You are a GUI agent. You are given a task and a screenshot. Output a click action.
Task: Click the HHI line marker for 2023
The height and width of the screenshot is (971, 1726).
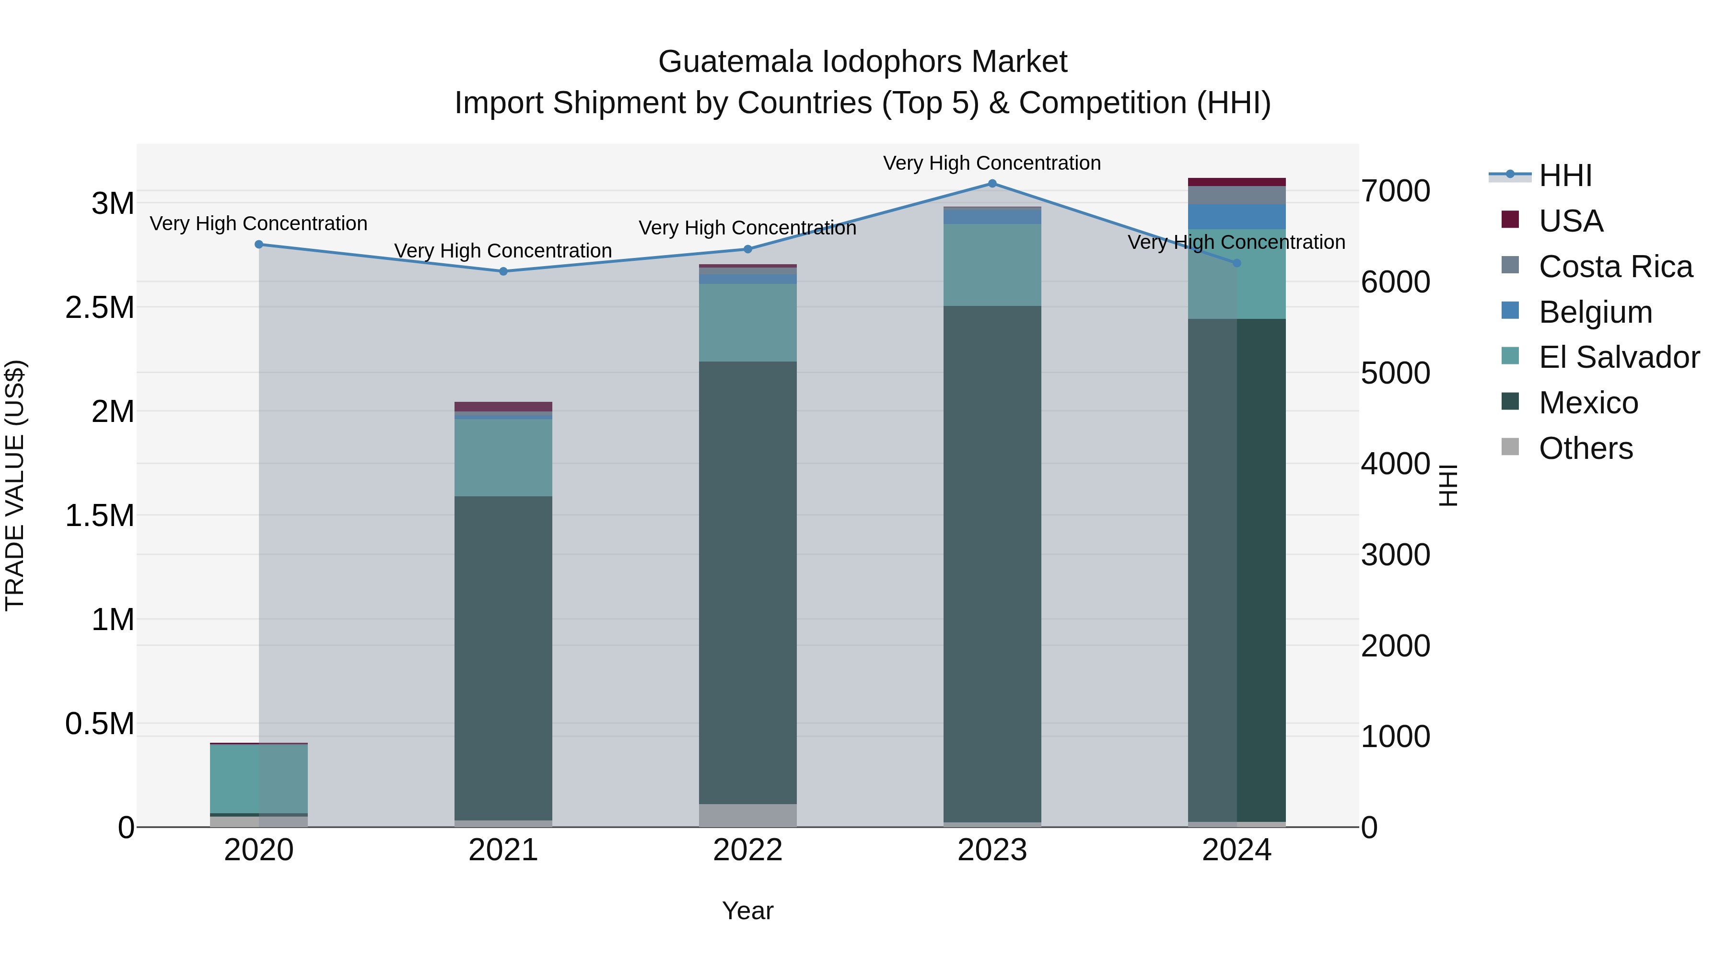992,184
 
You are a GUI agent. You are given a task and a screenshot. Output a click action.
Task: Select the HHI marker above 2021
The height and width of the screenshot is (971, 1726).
504,271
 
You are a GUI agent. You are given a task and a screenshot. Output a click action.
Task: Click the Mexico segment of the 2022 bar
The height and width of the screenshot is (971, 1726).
748,583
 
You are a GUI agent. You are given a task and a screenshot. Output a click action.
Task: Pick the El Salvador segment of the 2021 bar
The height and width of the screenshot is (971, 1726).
503,458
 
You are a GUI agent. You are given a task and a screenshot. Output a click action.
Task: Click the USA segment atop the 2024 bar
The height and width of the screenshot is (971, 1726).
1237,182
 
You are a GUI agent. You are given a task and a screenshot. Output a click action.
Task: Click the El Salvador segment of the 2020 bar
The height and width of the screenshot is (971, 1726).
258,779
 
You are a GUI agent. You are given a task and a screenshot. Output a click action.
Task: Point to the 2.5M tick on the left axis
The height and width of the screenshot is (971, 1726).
100,307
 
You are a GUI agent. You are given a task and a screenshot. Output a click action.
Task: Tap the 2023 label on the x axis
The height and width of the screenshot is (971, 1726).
992,850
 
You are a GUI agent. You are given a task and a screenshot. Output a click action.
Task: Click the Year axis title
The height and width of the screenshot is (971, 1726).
748,911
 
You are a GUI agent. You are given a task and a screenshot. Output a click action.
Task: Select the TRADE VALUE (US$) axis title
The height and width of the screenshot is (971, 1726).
15,485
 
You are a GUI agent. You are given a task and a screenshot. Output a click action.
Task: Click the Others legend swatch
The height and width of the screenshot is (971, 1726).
1510,447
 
